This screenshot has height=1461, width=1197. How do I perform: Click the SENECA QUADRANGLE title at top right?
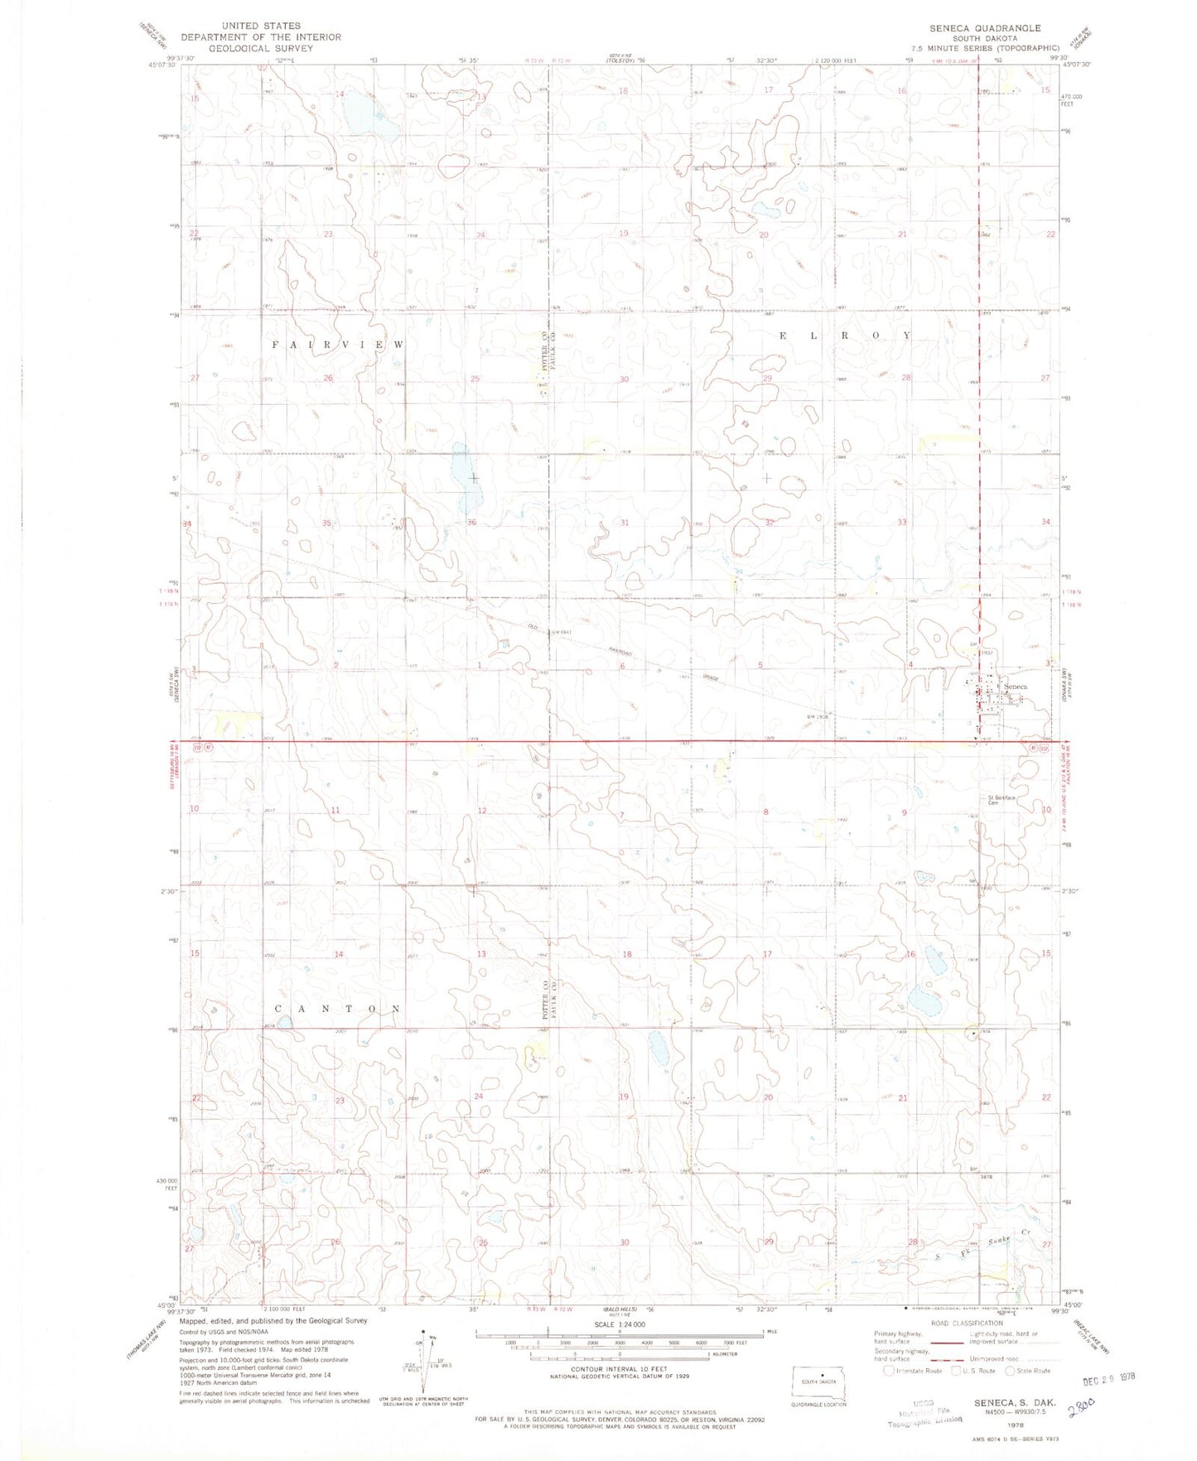(x=984, y=28)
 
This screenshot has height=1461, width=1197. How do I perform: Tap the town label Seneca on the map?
(x=1016, y=687)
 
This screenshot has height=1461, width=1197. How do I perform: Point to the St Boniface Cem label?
(x=1002, y=800)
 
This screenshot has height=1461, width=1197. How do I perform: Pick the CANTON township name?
(x=338, y=1009)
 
